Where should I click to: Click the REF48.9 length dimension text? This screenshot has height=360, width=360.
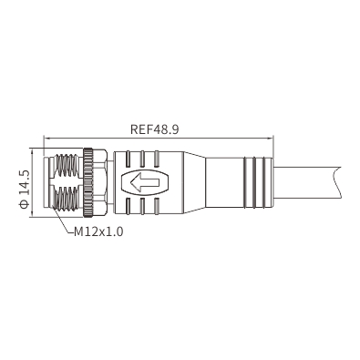pos(154,129)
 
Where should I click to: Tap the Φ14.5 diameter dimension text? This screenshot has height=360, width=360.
pos(24,189)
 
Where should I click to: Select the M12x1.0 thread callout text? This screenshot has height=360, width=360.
pos(98,231)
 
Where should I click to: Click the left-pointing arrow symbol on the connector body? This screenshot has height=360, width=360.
pos(145,182)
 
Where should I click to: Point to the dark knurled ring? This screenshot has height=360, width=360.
pos(88,182)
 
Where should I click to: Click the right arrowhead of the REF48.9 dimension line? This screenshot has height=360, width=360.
pos(271,139)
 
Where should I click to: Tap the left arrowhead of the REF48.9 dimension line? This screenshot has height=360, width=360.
pos(47,139)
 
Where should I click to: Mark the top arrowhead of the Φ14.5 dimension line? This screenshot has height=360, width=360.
pos(32,151)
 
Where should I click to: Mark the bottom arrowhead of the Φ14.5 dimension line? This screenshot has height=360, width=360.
pos(32,214)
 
